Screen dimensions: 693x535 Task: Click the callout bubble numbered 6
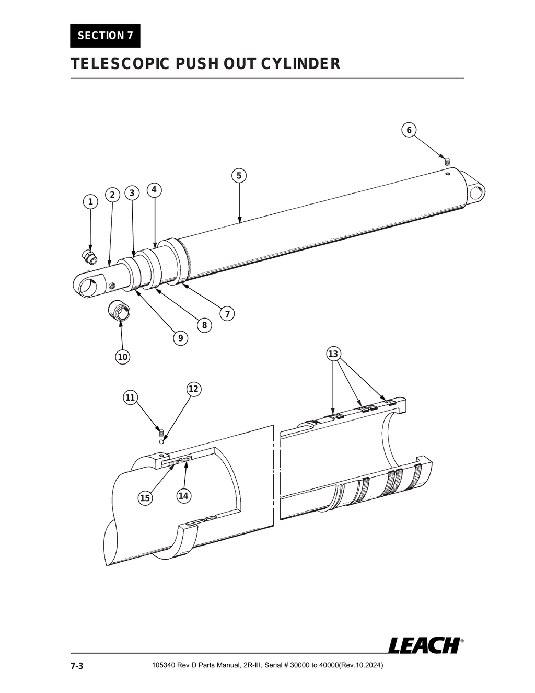pyautogui.click(x=409, y=130)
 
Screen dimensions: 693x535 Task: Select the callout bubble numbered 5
pyautogui.click(x=239, y=175)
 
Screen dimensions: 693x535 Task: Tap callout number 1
pyautogui.click(x=90, y=202)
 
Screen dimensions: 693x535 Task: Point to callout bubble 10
pyautogui.click(x=122, y=357)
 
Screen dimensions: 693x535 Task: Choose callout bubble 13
pyautogui.click(x=333, y=354)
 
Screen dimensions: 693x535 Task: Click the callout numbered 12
pyautogui.click(x=193, y=389)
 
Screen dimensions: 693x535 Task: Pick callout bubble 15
pyautogui.click(x=145, y=498)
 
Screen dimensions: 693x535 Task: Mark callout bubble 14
pyautogui.click(x=183, y=496)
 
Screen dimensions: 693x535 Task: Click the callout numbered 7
pyautogui.click(x=227, y=314)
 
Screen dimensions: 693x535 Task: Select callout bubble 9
pyautogui.click(x=180, y=338)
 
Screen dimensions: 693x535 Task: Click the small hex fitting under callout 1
pyautogui.click(x=90, y=257)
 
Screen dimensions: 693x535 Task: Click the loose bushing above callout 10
pyautogui.click(x=119, y=311)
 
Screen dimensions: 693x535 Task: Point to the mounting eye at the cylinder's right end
pyautogui.click(x=476, y=192)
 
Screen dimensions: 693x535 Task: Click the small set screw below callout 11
pyautogui.click(x=161, y=433)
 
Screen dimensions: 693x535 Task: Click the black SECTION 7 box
pyautogui.click(x=105, y=36)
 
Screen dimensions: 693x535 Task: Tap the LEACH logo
pyautogui.click(x=424, y=645)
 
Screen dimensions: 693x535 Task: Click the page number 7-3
pyautogui.click(x=77, y=666)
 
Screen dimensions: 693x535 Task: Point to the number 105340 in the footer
pyautogui.click(x=163, y=666)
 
